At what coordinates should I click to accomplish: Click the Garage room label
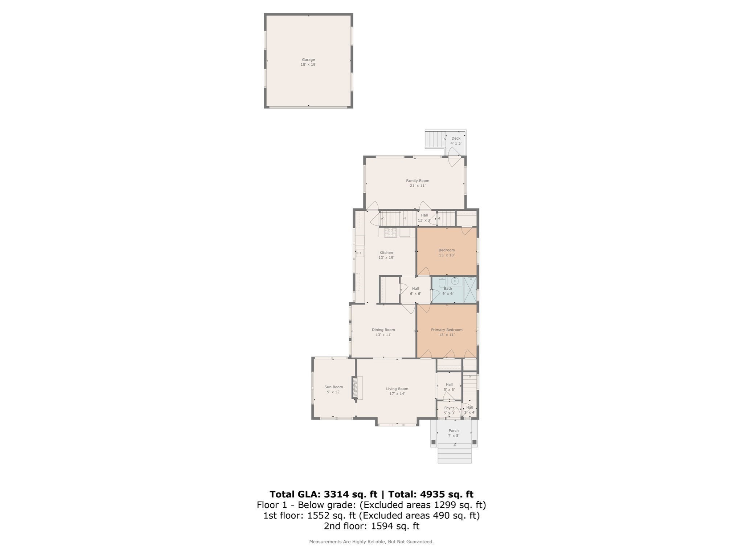pyautogui.click(x=308, y=60)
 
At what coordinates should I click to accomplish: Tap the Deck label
pyautogui.click(x=456, y=139)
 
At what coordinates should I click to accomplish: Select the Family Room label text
pyautogui.click(x=417, y=181)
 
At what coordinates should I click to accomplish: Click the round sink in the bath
pyautogui.click(x=455, y=281)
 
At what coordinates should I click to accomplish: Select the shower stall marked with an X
pyautogui.click(x=470, y=290)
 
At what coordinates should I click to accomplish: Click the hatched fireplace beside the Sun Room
pyautogui.click(x=355, y=388)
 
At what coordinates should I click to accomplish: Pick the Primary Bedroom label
pyautogui.click(x=447, y=330)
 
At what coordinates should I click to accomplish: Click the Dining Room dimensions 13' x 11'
pyautogui.click(x=383, y=335)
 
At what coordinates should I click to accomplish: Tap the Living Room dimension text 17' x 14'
pyautogui.click(x=397, y=394)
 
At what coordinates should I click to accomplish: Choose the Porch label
pyautogui.click(x=453, y=431)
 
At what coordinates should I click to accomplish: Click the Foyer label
pyautogui.click(x=449, y=408)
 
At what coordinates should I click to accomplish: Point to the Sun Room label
pyautogui.click(x=333, y=387)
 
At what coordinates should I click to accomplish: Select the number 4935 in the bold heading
pyautogui.click(x=432, y=494)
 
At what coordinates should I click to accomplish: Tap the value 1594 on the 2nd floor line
pyautogui.click(x=382, y=526)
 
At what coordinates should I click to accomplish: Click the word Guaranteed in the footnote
pyautogui.click(x=422, y=542)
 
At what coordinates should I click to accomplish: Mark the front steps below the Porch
pyautogui.click(x=454, y=454)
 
